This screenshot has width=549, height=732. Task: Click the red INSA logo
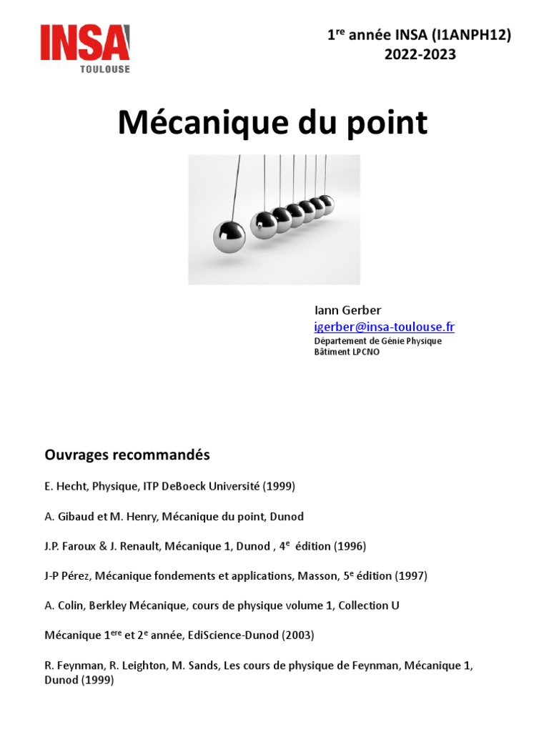(85, 42)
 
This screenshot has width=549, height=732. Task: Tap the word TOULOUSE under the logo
(104, 69)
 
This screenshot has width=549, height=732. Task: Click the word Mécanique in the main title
(199, 123)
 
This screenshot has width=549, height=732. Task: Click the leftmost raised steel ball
(229, 236)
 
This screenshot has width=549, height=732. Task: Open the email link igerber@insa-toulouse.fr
(385, 327)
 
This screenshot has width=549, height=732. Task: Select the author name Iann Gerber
(348, 310)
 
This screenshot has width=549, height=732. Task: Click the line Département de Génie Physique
(378, 341)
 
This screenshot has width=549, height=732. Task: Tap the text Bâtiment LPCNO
(347, 352)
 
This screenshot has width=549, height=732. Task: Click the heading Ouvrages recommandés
(127, 455)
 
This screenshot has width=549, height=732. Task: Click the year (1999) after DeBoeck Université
(279, 486)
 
